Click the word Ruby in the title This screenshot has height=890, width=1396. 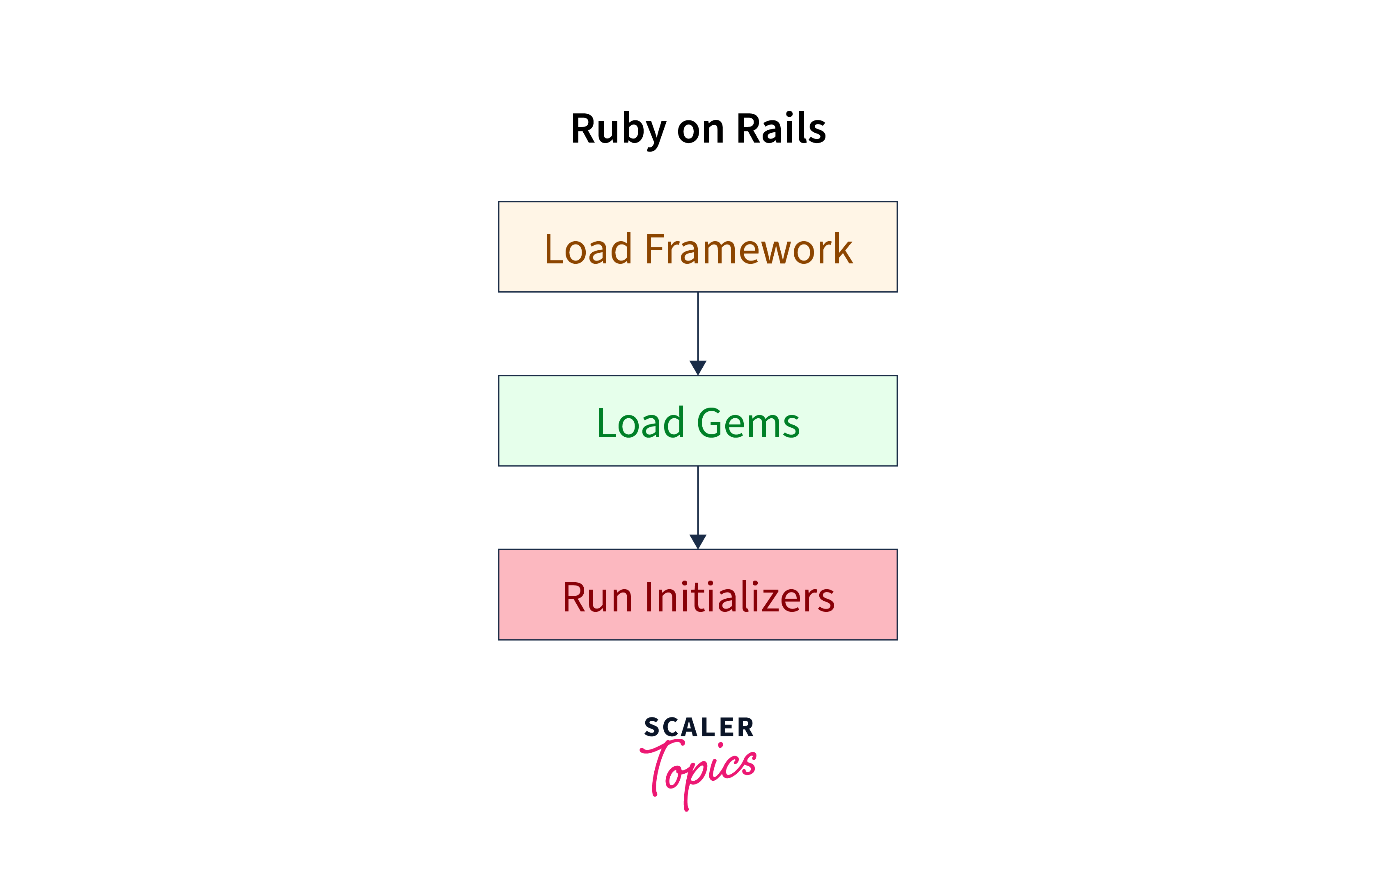point(618,129)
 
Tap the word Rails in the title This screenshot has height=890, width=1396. point(780,129)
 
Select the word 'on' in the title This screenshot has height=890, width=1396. point(700,130)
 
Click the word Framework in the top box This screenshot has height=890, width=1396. point(748,249)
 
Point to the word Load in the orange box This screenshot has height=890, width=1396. point(588,249)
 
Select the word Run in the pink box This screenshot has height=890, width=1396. point(597,597)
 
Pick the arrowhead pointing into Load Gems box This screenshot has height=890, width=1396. point(698,368)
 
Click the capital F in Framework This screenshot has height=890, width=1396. point(655,249)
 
